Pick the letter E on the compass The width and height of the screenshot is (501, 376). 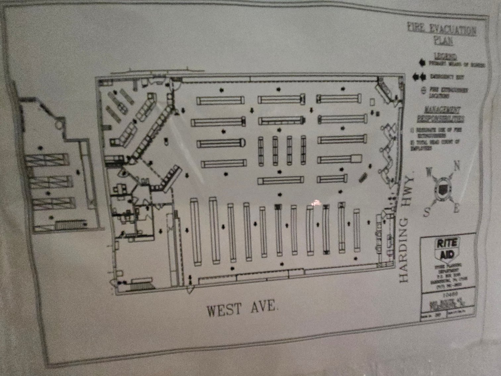click(x=456, y=209)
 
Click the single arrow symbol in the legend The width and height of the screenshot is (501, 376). click(x=422, y=62)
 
